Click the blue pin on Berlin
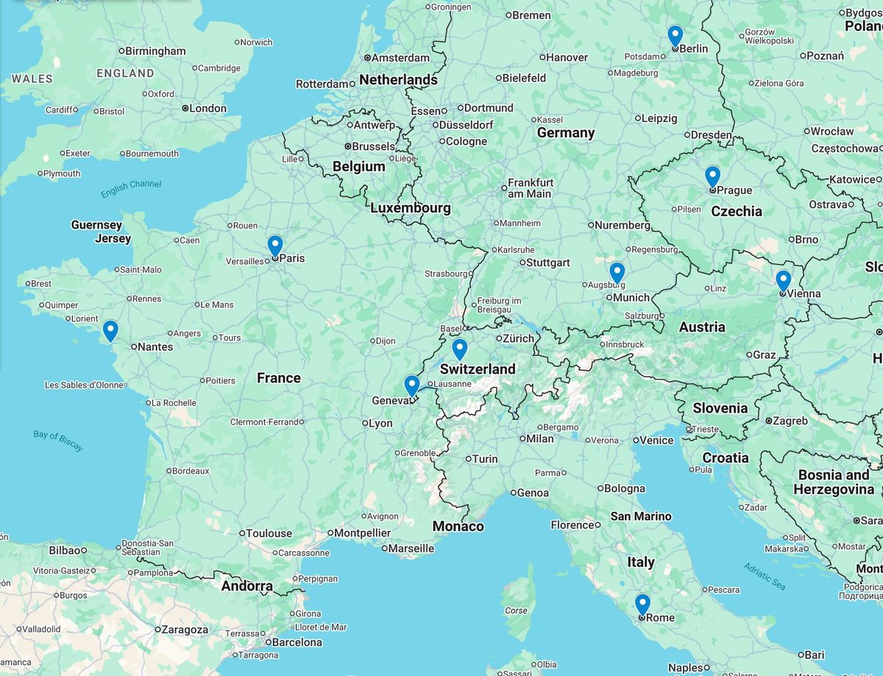coord(675,35)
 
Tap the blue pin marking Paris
coord(275,245)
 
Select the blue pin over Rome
coord(642,604)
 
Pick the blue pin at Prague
coord(712,176)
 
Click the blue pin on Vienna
coord(783,280)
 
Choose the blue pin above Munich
coord(617,272)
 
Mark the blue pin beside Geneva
coord(412,385)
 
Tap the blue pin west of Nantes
coord(110,330)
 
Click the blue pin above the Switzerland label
coord(459,349)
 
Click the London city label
coord(208,108)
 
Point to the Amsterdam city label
coord(400,57)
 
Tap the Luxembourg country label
coord(410,208)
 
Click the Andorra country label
coord(247,587)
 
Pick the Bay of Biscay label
coord(58,440)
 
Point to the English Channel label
coord(131,189)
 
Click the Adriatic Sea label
coord(764,577)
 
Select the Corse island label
coord(516,610)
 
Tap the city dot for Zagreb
coord(768,421)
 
